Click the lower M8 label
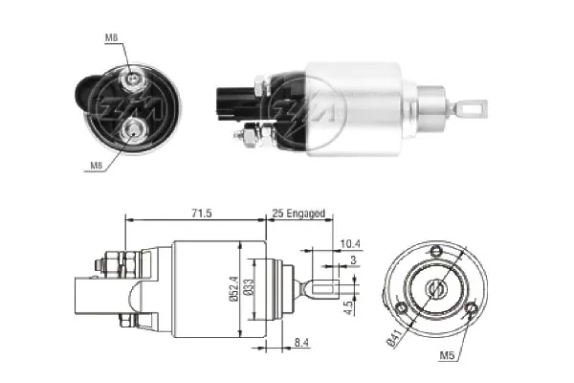coord(97,165)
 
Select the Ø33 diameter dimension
coord(250,288)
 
